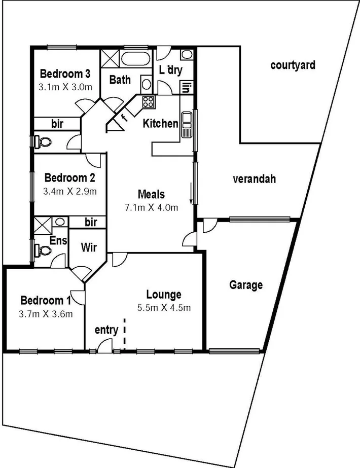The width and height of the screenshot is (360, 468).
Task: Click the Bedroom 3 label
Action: point(65,72)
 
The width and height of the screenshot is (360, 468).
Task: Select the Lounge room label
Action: point(164,294)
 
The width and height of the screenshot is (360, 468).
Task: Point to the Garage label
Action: point(246,285)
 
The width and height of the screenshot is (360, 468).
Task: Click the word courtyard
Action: point(293,65)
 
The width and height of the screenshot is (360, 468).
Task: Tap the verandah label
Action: point(254,179)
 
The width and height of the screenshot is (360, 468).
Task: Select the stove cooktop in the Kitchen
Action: point(148,101)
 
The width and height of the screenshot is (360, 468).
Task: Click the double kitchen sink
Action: point(186,125)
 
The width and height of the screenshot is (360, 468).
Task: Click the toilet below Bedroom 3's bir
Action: point(41,141)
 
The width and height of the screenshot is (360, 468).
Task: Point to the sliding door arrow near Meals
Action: point(191,195)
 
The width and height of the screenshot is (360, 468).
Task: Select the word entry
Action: point(106,330)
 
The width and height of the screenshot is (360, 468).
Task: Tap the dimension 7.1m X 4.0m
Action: point(151,207)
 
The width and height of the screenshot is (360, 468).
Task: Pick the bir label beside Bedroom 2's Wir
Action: point(91,222)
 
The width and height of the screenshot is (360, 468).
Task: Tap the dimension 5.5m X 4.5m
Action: point(164,307)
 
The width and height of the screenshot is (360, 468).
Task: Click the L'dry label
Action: point(170,70)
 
